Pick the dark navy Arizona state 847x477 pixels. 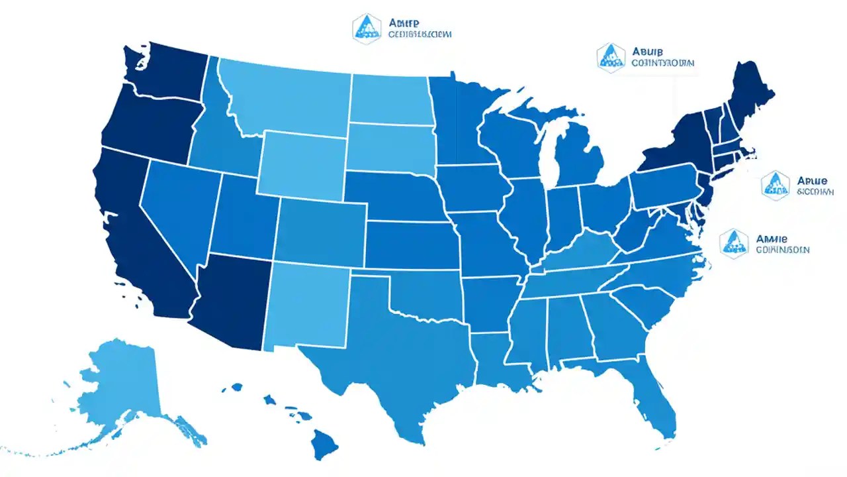pyautogui.click(x=232, y=298)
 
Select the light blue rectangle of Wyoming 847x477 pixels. pyautogui.click(x=301, y=162)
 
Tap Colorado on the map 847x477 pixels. pyautogui.click(x=321, y=232)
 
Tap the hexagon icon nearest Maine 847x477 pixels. pyautogui.click(x=611, y=57)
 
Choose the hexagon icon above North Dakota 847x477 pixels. pyautogui.click(x=366, y=28)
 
